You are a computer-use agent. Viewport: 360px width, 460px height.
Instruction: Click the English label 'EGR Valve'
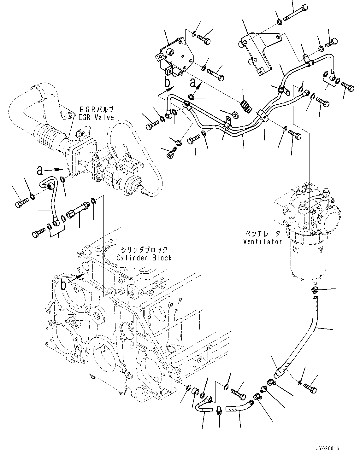(x=96, y=118)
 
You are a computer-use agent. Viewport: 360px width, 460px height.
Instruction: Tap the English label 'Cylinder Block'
(x=144, y=258)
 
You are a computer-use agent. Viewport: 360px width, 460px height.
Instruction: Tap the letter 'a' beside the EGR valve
(x=40, y=170)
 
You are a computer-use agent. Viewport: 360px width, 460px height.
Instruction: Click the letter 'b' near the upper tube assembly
(x=168, y=83)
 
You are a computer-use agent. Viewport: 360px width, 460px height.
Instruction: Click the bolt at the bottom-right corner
(x=311, y=388)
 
